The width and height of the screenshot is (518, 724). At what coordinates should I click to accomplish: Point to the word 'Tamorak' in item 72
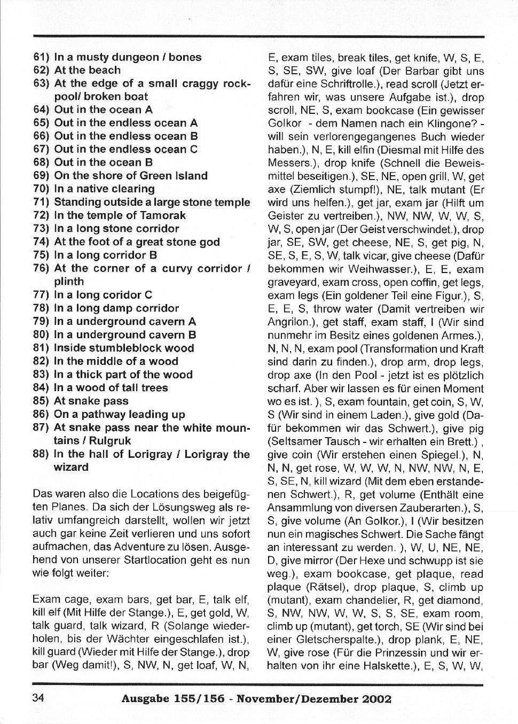pos(163,215)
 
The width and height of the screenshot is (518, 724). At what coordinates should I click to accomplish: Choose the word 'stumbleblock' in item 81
pos(124,348)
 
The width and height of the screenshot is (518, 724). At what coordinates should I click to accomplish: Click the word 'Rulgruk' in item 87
pos(110,441)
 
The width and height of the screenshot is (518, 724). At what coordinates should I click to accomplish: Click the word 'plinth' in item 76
pos(69,282)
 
